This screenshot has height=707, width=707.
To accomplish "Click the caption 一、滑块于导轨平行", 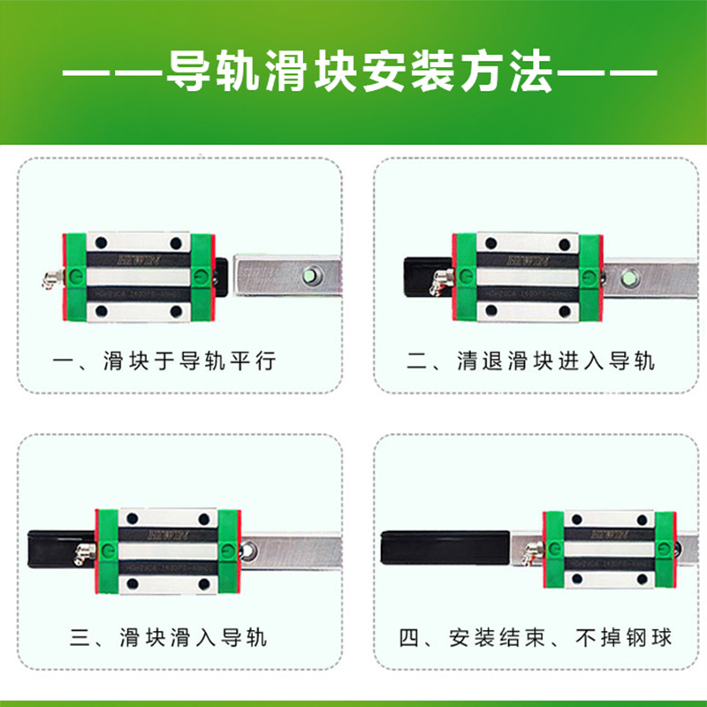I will [165, 361].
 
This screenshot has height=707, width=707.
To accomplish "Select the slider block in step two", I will [528, 276].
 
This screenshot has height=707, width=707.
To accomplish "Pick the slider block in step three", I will [168, 550].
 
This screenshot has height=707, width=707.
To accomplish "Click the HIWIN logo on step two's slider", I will [527, 260].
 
